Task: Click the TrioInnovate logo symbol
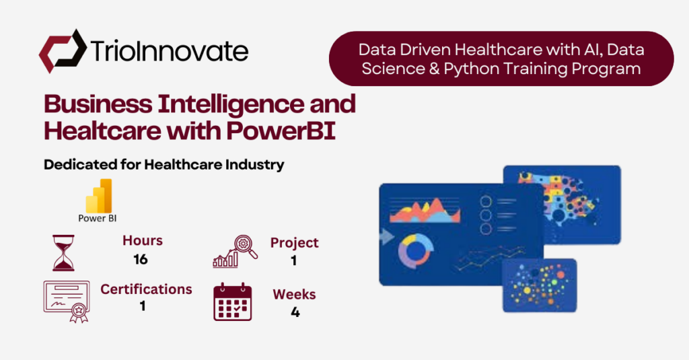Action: [63, 51]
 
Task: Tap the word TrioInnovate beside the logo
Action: [170, 50]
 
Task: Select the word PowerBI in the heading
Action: [281, 131]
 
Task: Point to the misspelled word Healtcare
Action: [102, 131]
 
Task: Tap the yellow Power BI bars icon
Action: [98, 196]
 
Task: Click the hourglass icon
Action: [64, 253]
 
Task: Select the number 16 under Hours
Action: [141, 259]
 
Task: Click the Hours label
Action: [143, 240]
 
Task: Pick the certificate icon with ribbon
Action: [67, 301]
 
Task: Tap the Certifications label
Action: [146, 289]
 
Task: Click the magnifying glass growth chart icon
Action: [235, 252]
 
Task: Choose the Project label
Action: [295, 243]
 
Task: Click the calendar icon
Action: [232, 302]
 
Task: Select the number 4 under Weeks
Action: [295, 312]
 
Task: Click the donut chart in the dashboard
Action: [415, 252]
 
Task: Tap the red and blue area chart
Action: [425, 211]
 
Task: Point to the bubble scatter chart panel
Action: [540, 285]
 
